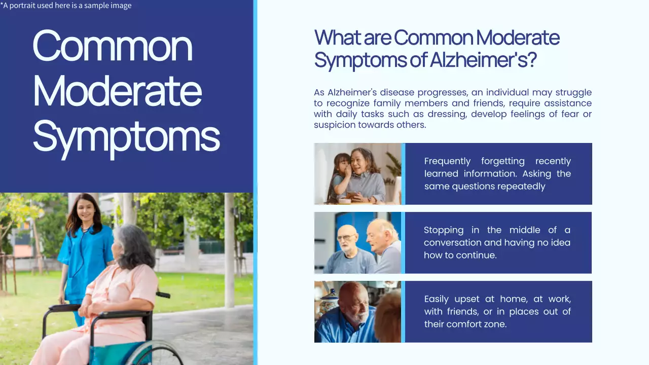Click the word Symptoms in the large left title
tap(126, 137)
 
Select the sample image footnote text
tap(66, 6)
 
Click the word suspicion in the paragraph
tap(335, 125)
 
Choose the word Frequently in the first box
tap(447, 161)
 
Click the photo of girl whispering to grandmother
tap(357, 174)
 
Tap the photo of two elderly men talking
tap(357, 243)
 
